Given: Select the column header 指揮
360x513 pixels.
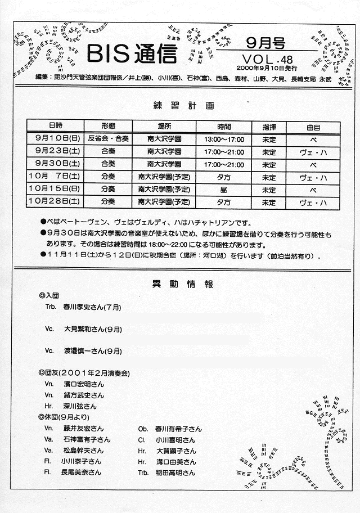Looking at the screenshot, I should point(269,126).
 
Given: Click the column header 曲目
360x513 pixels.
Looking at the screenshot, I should point(313,126).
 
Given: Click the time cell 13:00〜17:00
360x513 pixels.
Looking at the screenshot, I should point(224,138).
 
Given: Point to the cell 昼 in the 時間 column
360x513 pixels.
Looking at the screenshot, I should point(224,190).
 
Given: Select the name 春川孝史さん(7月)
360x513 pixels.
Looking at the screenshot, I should point(93,308).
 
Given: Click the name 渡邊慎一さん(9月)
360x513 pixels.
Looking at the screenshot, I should point(93,350).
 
